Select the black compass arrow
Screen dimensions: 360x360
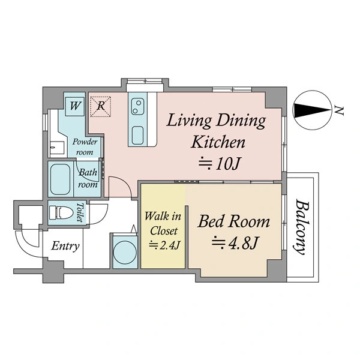312,110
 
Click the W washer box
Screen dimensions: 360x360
75,106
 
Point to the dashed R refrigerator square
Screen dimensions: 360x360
101,107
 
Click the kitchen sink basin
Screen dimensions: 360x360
137,136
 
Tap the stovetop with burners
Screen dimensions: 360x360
137,107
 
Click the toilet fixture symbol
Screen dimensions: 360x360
61,212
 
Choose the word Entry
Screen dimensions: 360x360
65,246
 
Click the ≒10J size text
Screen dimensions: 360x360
219,163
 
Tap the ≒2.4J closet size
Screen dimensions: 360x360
164,245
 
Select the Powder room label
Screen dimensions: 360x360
85,147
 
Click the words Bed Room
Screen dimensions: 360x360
234,221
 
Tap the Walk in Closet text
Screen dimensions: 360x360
163,223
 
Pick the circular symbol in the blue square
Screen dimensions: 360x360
125,253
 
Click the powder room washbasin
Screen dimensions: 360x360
57,147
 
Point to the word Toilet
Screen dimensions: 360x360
80,212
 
